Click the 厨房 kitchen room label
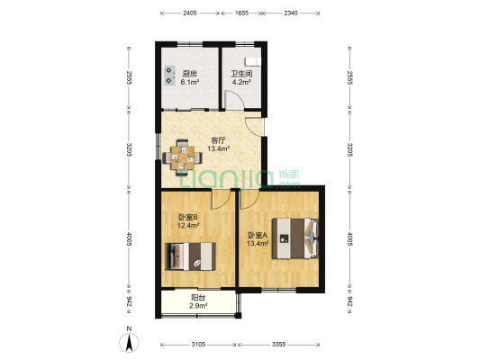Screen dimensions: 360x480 coord(190,73)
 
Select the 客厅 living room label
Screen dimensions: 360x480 coord(218,139)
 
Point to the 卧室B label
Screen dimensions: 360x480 coord(188,217)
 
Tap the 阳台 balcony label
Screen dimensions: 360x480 coord(198,299)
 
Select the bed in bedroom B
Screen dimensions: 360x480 coord(191,256)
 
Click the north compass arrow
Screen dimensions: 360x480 coord(130,341)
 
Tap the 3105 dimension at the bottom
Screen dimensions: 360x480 coord(198,345)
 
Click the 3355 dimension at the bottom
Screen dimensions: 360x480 coord(277,345)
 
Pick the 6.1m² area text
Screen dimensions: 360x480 coord(190,83)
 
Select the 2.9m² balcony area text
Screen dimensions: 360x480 coord(198,307)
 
